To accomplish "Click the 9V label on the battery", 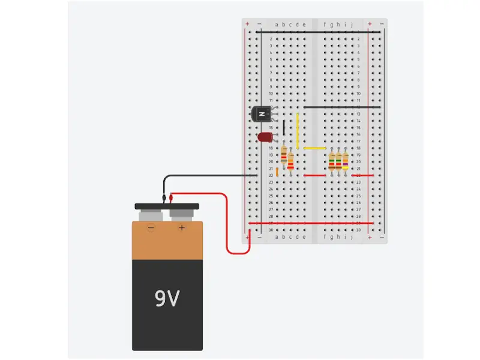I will click(x=167, y=298).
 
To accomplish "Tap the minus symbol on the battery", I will click(x=151, y=228).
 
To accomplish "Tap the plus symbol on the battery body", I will click(x=181, y=228).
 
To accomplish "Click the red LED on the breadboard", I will click(x=265, y=137).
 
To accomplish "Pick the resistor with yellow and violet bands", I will click(x=346, y=161).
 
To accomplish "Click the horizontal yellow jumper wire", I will click(x=314, y=148).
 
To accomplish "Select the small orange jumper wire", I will click(x=277, y=172).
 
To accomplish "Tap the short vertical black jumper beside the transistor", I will click(x=284, y=127).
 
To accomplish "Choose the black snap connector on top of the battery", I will click(x=167, y=206).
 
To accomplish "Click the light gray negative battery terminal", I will click(x=152, y=215).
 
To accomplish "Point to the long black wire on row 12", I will click(x=342, y=107).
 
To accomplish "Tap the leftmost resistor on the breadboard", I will click(x=284, y=159).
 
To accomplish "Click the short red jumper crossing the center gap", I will click(x=314, y=175).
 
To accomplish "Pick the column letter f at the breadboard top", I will click(x=325, y=25).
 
